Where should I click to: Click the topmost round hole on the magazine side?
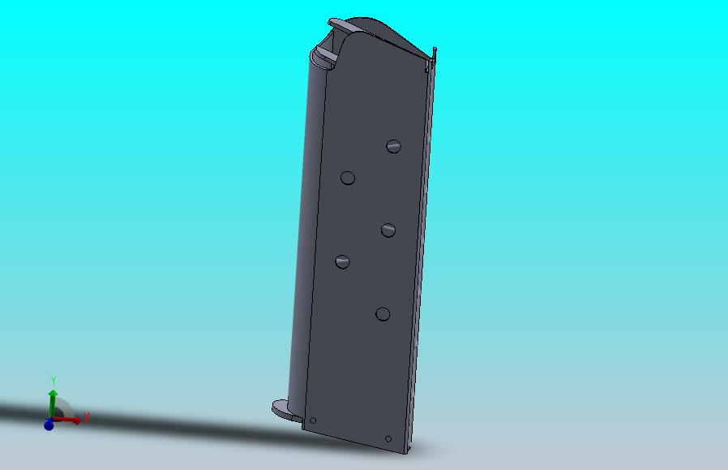(394, 146)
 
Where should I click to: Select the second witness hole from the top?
(348, 178)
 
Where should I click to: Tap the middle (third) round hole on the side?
(388, 231)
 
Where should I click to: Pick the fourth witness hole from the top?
(342, 261)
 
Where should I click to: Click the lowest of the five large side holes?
(383, 314)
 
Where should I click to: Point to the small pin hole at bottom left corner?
(313, 420)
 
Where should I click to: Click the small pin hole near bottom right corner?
(388, 439)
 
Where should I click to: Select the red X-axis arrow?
(68, 420)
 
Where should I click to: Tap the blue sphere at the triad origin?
(49, 425)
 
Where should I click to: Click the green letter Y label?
(53, 380)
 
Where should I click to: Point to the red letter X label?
(86, 417)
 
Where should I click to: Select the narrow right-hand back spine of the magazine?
(424, 244)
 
